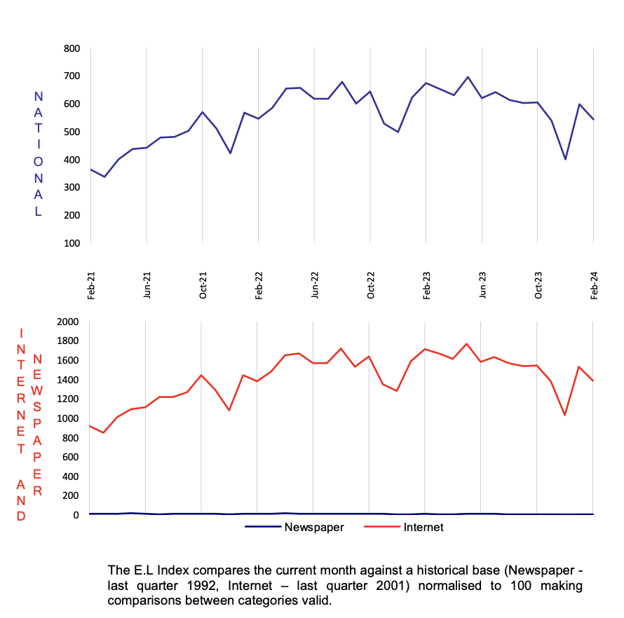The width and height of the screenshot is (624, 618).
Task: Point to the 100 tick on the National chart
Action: click(72, 242)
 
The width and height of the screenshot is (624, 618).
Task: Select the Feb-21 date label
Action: click(90, 286)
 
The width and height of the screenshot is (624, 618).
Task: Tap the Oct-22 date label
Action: click(370, 286)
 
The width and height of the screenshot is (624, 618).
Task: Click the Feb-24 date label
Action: click(594, 286)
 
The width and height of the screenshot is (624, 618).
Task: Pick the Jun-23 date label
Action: click(482, 286)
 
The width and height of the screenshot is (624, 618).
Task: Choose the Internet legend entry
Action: click(423, 528)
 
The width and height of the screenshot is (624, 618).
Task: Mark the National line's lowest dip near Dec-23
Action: click(565, 159)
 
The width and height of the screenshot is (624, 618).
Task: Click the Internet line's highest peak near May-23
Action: click(467, 343)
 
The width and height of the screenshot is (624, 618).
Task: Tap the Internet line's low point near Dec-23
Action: click(565, 416)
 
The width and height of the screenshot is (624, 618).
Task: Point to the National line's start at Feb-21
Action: click(90, 169)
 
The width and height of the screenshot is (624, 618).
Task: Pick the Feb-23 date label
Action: click(426, 286)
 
